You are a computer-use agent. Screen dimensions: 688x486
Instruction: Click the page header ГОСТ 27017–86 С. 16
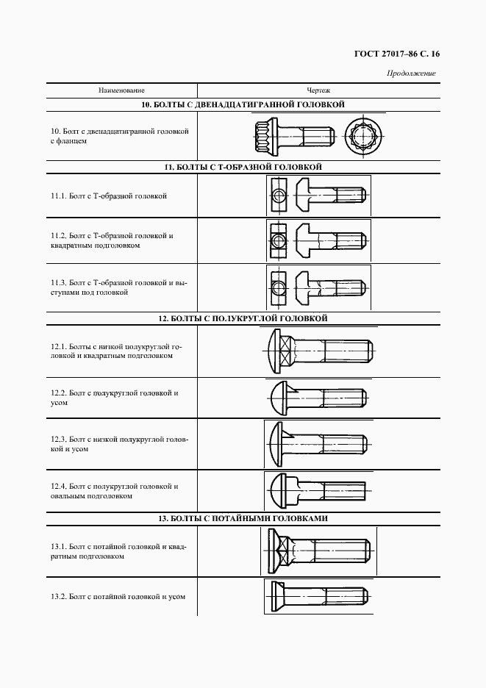(397, 54)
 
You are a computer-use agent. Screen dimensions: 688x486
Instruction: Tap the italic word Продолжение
(411, 73)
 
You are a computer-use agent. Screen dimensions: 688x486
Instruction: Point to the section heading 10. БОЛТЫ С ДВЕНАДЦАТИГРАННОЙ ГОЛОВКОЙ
(243, 105)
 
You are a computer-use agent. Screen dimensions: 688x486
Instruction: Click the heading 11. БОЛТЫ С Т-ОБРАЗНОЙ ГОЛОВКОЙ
(243, 168)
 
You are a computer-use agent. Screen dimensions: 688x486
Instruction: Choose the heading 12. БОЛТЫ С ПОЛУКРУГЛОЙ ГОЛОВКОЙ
(243, 318)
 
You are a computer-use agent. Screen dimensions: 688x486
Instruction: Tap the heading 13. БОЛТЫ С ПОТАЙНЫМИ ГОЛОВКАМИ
(243, 518)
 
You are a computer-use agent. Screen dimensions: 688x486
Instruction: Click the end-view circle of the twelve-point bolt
(365, 136)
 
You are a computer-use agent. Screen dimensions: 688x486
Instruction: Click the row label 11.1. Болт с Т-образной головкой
(109, 196)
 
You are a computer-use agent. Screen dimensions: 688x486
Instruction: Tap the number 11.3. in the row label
(58, 282)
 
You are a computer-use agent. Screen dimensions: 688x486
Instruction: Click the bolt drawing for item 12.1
(318, 351)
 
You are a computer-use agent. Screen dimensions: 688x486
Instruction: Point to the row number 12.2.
(58, 393)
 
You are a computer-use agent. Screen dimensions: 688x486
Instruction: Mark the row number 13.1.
(58, 547)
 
